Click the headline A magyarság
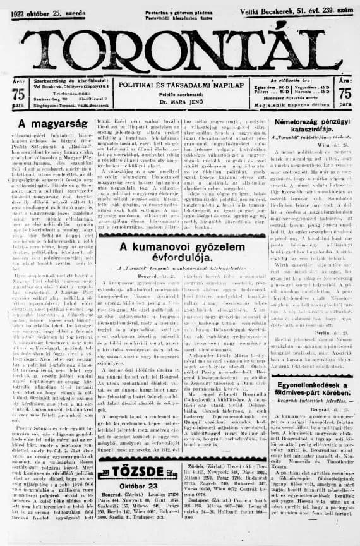tap(47, 124)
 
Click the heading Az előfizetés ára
tap(287, 81)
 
